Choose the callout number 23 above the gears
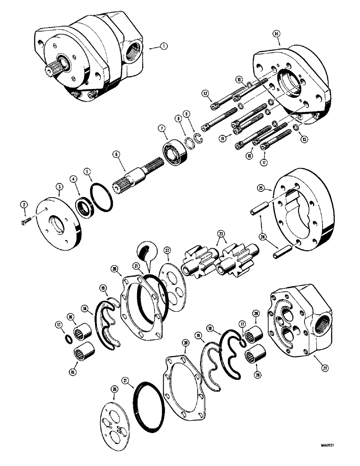pyautogui.click(x=221, y=232)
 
